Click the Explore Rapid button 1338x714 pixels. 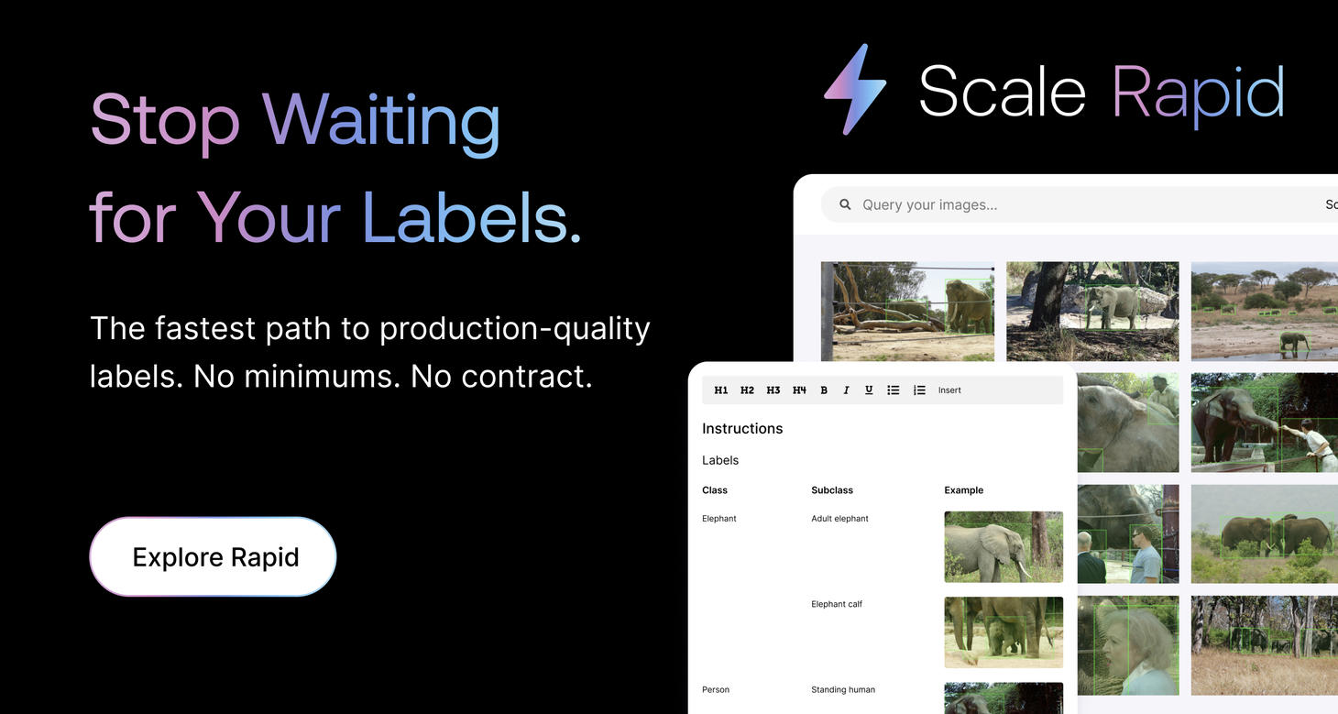(213, 556)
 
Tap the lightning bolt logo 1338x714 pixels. (855, 90)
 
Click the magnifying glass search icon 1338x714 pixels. (845, 204)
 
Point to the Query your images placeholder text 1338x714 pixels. (929, 205)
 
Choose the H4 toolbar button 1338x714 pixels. (799, 390)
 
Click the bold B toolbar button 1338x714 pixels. (824, 390)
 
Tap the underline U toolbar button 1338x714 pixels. (869, 390)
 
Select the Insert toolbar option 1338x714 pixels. (949, 390)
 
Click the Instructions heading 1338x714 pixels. (742, 428)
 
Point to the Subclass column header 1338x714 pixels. (831, 490)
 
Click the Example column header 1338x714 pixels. (963, 490)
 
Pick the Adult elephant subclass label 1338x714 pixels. (839, 519)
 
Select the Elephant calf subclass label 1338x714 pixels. (836, 604)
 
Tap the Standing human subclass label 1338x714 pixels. (843, 689)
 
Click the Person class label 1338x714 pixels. (716, 689)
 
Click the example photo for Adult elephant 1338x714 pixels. (1003, 546)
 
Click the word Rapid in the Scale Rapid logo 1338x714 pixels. (1198, 94)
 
